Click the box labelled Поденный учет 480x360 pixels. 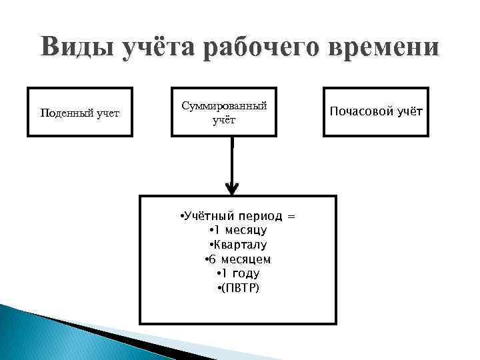tap(80, 112)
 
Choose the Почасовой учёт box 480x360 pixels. tap(376, 111)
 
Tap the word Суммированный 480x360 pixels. tap(224, 105)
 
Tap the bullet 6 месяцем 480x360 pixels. tap(237, 259)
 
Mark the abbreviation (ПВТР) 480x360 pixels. tap(239, 287)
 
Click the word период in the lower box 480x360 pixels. tap(257, 217)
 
